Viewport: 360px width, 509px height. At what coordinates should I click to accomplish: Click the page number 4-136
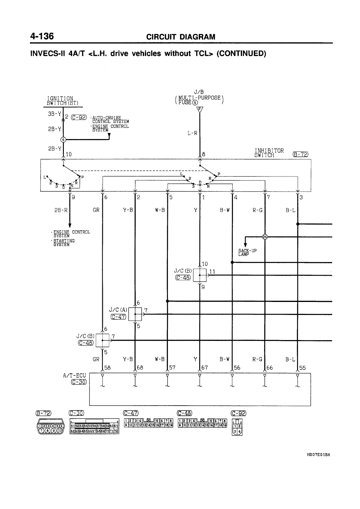pyautogui.click(x=42, y=36)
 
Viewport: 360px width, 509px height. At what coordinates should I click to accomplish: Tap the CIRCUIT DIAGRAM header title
pyautogui.click(x=181, y=37)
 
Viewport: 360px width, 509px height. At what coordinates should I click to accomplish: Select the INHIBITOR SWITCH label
pyautogui.click(x=269, y=153)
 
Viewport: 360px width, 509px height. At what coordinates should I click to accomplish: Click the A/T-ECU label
pyautogui.click(x=74, y=375)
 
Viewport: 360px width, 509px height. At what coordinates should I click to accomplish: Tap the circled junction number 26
pyautogui.click(x=265, y=237)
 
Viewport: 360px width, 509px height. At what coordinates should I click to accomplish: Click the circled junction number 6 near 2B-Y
pyautogui.click(x=63, y=139)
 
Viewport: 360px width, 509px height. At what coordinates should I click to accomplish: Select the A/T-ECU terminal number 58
pyautogui.click(x=107, y=368)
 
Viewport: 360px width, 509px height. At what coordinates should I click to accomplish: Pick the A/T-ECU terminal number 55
pyautogui.click(x=302, y=368)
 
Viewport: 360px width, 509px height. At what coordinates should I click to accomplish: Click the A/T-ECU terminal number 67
pyautogui.click(x=205, y=368)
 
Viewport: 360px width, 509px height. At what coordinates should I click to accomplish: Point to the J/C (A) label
pyautogui.click(x=118, y=310)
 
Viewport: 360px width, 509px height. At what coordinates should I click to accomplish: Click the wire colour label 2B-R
pyautogui.click(x=61, y=210)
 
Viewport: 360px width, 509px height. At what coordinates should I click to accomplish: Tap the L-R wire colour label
pyautogui.click(x=192, y=133)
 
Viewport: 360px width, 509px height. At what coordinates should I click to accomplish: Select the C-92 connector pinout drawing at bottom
pyautogui.click(x=237, y=426)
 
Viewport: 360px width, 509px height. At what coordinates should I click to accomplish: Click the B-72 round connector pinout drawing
pyautogui.click(x=50, y=426)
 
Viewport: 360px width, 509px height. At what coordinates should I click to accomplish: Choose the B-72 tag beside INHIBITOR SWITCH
pyautogui.click(x=300, y=154)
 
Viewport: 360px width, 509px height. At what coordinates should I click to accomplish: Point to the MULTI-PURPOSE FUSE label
pyautogui.click(x=199, y=100)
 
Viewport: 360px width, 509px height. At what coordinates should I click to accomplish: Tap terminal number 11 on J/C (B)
pyautogui.click(x=212, y=271)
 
